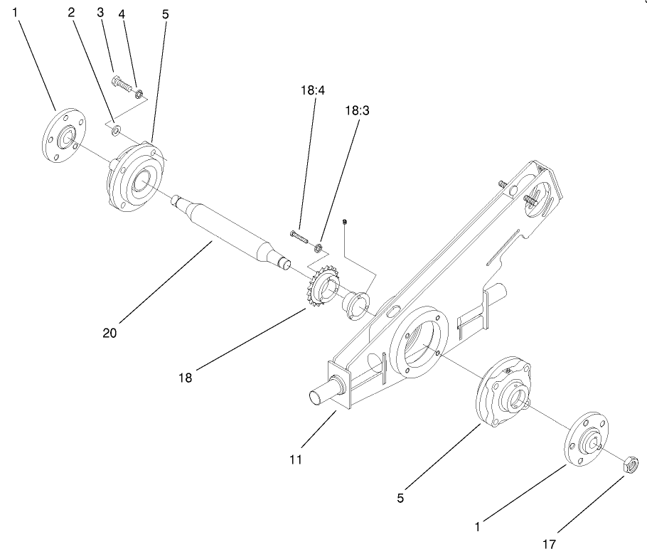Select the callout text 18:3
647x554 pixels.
(x=358, y=111)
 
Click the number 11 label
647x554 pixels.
(x=296, y=459)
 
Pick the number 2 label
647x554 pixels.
(x=71, y=13)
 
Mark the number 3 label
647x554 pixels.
(x=100, y=13)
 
